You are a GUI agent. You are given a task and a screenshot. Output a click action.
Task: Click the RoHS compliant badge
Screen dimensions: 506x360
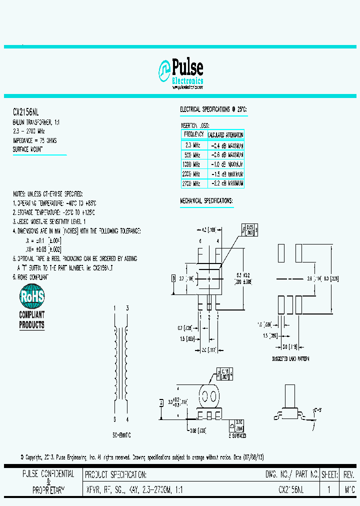click(x=32, y=306)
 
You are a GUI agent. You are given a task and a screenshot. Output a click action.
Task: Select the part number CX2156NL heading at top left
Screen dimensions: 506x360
click(x=25, y=113)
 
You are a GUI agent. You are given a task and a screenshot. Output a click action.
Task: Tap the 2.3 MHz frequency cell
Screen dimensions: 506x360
click(x=192, y=145)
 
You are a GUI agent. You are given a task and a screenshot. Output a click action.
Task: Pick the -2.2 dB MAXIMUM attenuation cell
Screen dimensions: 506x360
click(x=225, y=183)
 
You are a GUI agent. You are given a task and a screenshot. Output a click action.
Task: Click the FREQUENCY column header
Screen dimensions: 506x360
click(x=193, y=135)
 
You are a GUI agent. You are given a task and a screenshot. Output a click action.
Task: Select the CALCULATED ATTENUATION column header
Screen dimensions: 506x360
click(x=225, y=135)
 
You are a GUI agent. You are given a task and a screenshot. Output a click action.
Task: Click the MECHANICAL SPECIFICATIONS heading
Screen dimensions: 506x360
click(x=206, y=200)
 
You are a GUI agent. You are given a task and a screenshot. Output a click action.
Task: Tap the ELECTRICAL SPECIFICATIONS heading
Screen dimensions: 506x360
click(x=213, y=109)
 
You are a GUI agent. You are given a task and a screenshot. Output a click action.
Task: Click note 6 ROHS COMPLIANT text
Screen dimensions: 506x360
click(x=31, y=276)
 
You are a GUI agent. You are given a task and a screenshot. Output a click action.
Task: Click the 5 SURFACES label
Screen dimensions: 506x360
click(x=237, y=436)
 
